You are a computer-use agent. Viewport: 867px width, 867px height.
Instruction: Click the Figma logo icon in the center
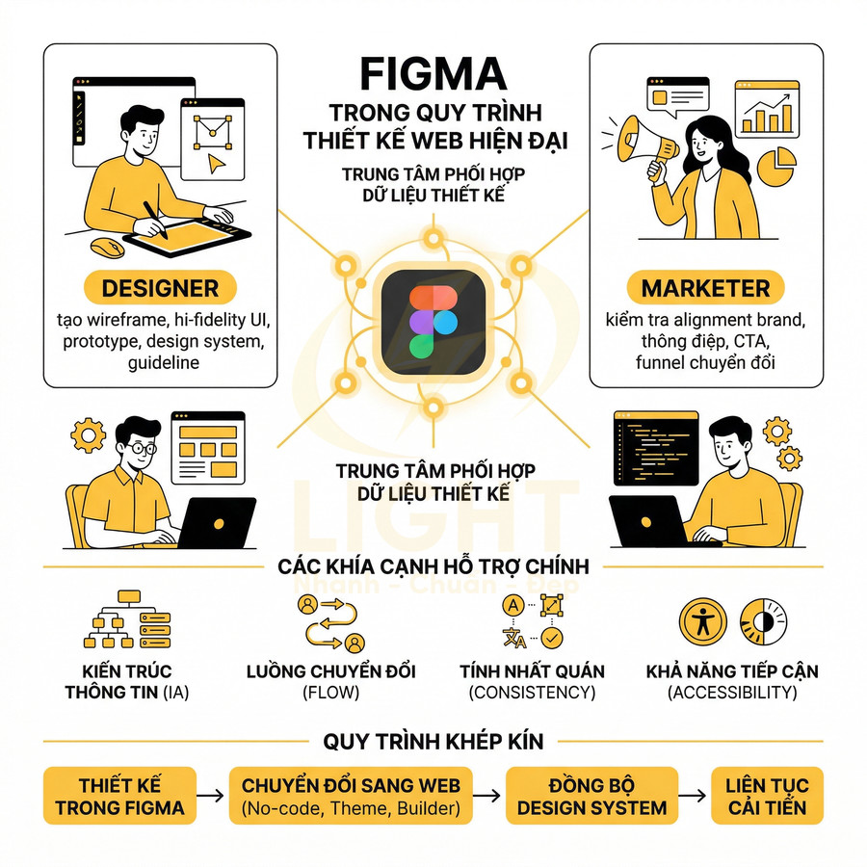pos(433,320)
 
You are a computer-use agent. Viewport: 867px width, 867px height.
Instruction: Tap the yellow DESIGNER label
pos(160,287)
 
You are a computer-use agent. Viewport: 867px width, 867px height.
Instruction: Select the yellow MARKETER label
pos(705,288)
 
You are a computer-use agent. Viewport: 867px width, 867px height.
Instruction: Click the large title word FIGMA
pos(433,74)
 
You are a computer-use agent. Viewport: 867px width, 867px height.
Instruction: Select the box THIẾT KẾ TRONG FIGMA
pos(119,797)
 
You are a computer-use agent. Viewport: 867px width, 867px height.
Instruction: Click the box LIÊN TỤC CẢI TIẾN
pos(767,797)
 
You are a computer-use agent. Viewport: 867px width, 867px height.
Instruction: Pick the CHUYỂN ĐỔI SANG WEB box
pos(351,797)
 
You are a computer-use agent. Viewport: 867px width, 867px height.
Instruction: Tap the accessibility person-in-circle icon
pos(703,622)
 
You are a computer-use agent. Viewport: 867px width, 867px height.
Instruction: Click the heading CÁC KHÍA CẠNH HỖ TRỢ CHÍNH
pos(433,566)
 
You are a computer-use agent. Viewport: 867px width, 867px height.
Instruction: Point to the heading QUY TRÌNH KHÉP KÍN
pos(433,742)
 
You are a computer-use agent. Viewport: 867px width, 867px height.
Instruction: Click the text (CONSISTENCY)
pos(532,693)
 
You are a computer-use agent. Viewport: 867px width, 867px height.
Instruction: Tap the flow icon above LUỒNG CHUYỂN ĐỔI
pos(332,622)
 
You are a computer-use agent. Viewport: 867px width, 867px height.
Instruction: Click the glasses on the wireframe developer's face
pos(142,448)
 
